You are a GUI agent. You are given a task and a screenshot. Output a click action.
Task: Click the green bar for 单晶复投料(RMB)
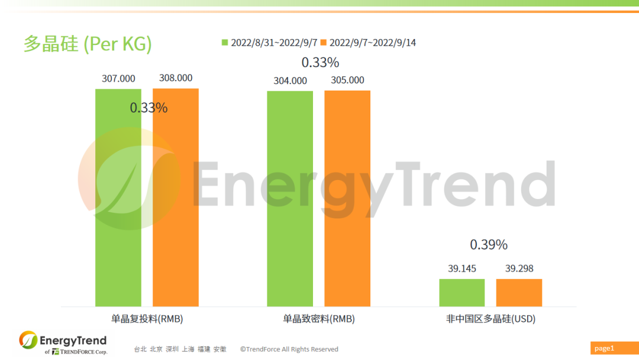[x=118, y=198]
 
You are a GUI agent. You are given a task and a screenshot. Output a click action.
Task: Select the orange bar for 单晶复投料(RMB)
[x=176, y=198]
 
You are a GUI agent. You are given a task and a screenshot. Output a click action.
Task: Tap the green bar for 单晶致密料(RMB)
[x=290, y=199]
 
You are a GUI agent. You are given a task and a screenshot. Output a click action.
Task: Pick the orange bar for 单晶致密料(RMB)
[x=347, y=199]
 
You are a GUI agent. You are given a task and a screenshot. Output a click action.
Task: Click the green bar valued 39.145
[x=461, y=292]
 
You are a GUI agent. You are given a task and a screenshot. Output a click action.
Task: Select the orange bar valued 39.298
[x=519, y=292]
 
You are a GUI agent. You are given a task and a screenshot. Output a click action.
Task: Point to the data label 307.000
[x=118, y=78]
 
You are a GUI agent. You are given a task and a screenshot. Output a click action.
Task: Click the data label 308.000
[x=176, y=78]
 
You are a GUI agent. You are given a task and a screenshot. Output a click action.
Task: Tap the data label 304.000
[x=290, y=81]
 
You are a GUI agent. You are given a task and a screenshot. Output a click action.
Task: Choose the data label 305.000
[x=347, y=80]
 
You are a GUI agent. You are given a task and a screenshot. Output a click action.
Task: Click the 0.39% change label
[x=489, y=245]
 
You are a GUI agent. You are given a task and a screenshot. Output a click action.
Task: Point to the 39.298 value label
[x=519, y=268]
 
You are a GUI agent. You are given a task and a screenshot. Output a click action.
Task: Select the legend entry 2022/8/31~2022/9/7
[x=269, y=43]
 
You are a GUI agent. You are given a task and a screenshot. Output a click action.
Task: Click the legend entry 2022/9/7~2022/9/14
[x=368, y=43]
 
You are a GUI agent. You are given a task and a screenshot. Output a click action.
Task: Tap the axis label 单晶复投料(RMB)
[x=147, y=319]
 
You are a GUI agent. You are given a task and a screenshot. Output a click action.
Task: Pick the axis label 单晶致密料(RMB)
[x=319, y=319]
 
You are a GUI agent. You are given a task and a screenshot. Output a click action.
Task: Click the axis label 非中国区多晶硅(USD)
[x=490, y=319]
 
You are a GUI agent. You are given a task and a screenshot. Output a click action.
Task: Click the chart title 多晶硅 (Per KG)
[x=88, y=44]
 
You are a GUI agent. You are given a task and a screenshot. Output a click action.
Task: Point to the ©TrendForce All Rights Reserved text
[x=289, y=349]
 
